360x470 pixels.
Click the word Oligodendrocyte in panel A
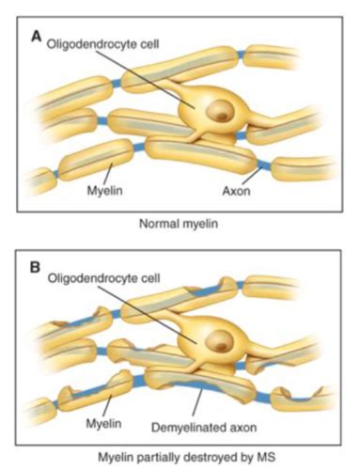pyautogui.click(x=93, y=42)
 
